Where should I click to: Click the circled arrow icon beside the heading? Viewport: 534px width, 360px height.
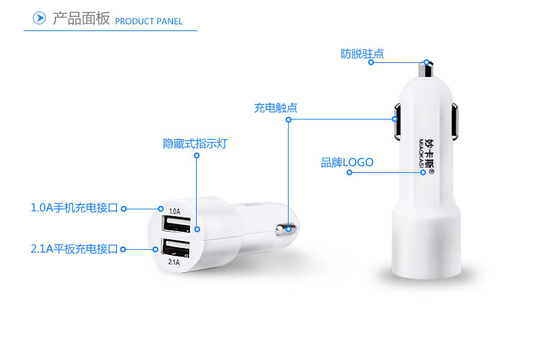(x=40, y=18)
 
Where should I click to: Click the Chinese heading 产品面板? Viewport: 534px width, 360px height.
(x=81, y=19)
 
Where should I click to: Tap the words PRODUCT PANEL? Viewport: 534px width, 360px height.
(x=149, y=22)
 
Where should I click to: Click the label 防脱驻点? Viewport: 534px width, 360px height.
(x=362, y=54)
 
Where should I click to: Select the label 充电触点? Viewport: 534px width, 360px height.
(x=276, y=107)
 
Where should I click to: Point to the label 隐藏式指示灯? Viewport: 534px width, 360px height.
(x=195, y=143)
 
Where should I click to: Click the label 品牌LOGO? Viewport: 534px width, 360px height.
(x=347, y=162)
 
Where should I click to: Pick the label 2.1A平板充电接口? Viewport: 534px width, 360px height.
(x=74, y=249)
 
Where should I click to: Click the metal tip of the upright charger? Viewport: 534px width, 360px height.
(x=426, y=70)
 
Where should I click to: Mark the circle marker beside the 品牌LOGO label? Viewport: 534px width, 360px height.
(x=349, y=172)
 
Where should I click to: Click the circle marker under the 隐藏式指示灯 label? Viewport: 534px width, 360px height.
(x=197, y=155)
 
